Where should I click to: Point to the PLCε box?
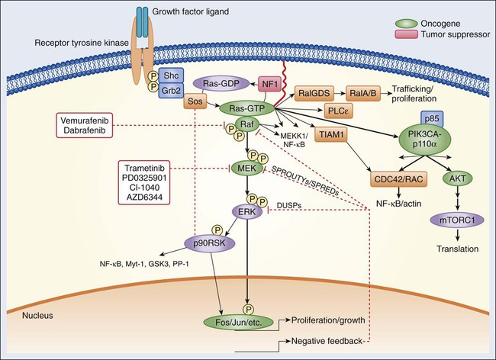pyautogui.click(x=337, y=111)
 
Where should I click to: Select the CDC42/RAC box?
pyautogui.click(x=375, y=179)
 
